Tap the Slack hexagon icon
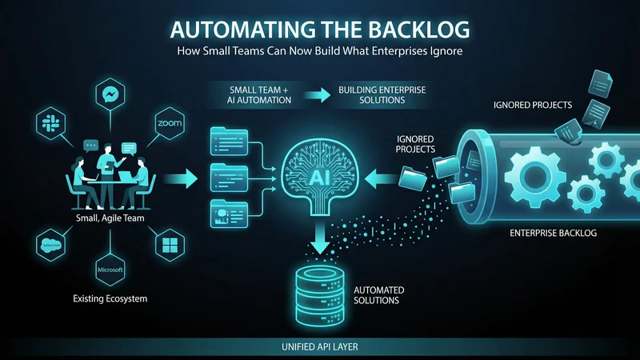(x=50, y=124)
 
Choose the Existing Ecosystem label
(x=110, y=299)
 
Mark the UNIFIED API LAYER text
(x=319, y=346)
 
